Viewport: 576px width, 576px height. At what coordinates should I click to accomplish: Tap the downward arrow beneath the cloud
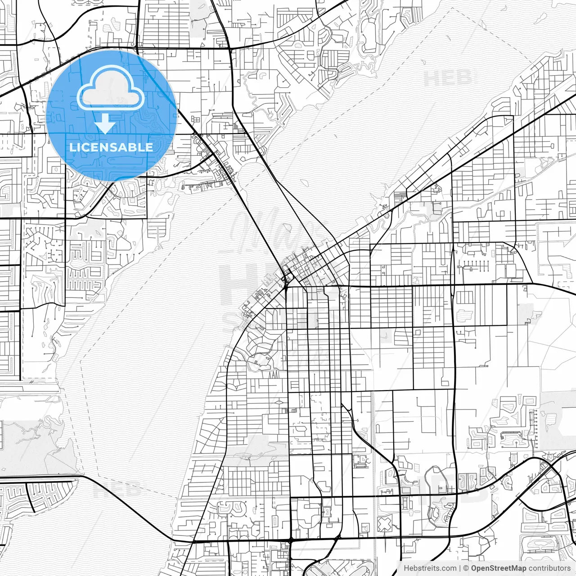104,124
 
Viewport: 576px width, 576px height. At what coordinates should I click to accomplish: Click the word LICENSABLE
111,147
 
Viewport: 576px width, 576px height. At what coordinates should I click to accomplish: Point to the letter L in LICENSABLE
72,147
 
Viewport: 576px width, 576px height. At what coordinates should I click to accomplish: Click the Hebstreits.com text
430,568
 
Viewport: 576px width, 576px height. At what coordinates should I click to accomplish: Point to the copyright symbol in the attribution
466,568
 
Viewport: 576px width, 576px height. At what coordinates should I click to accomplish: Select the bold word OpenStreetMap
499,568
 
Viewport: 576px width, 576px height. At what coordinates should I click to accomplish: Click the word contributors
549,568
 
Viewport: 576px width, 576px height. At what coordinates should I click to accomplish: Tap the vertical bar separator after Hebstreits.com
460,568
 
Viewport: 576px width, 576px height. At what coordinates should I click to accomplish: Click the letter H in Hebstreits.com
406,568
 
